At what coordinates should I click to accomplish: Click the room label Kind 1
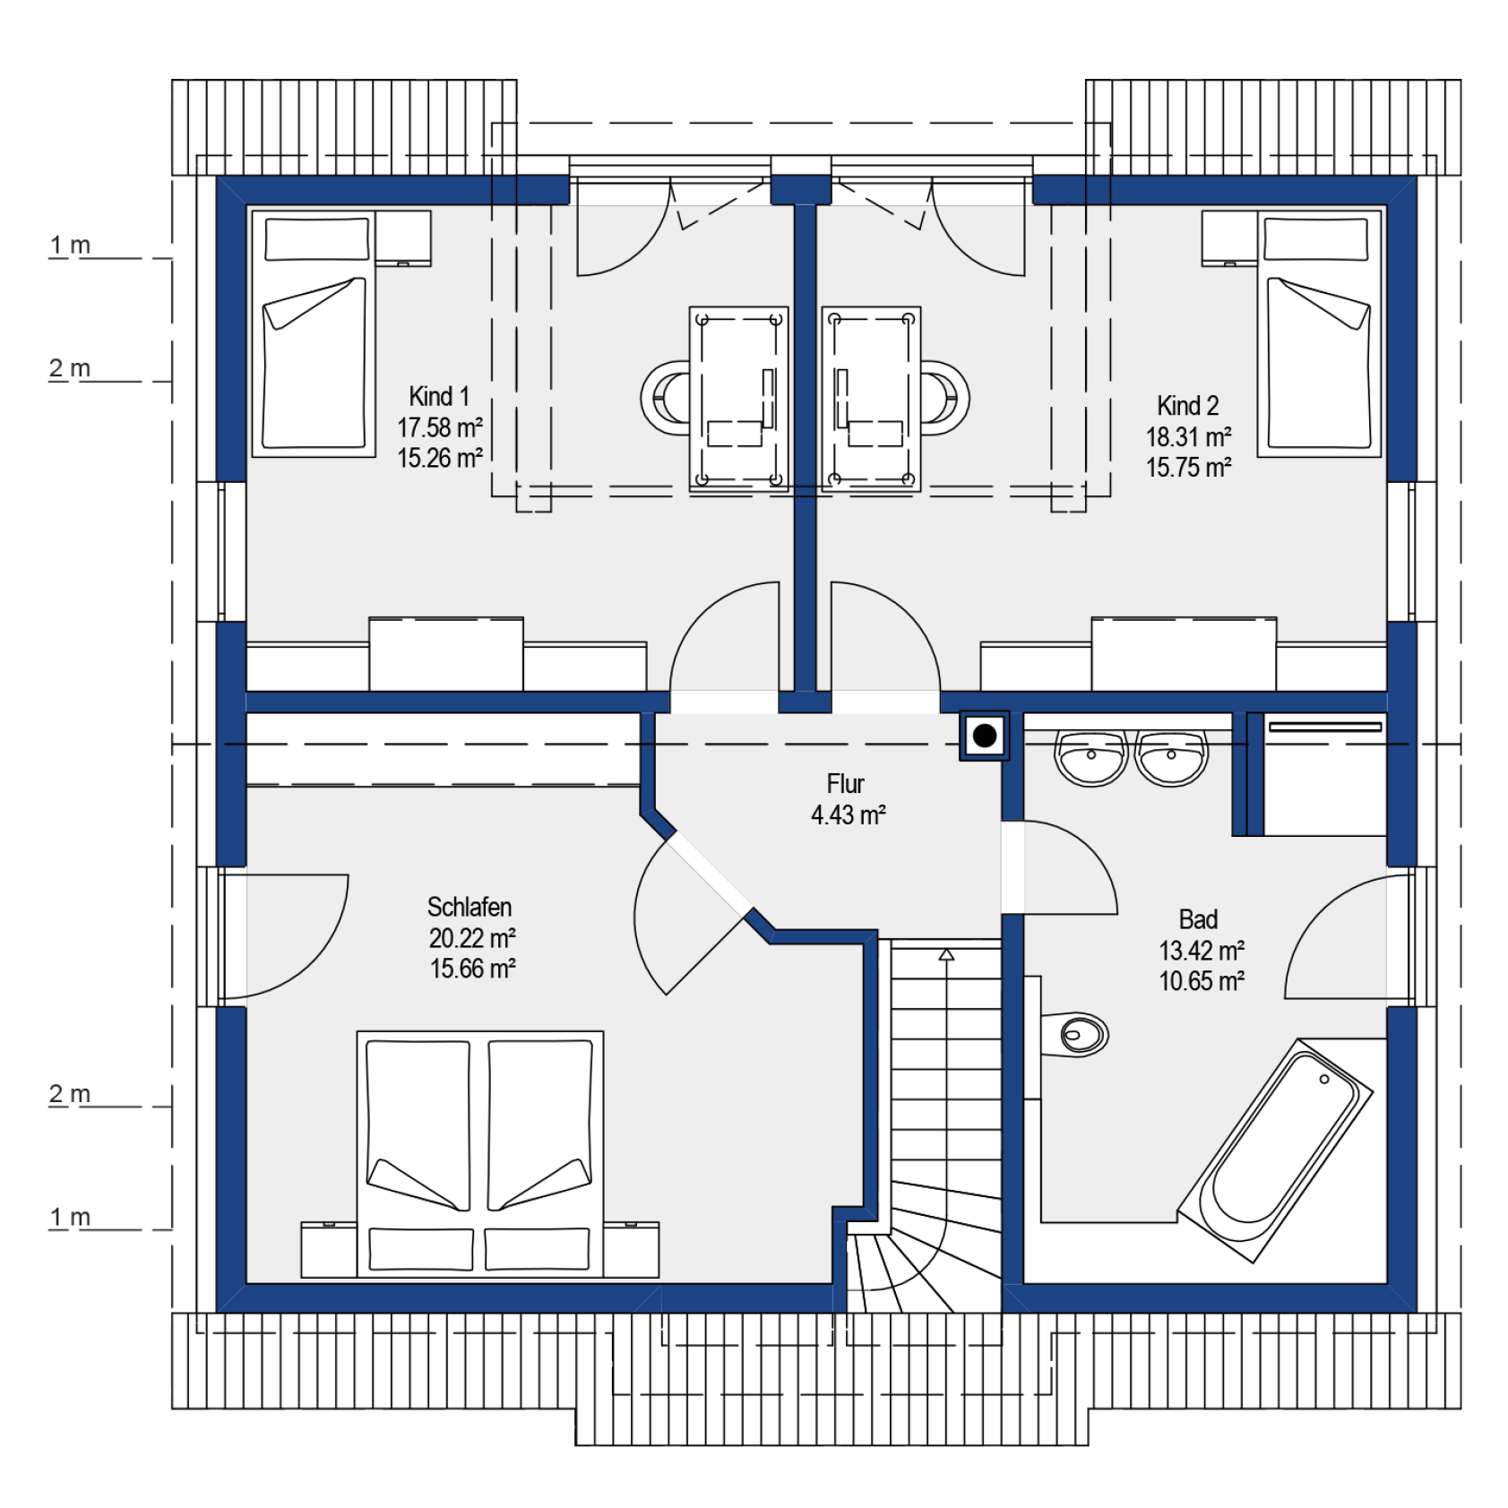coord(439,396)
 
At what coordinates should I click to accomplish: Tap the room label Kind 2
coord(1188,406)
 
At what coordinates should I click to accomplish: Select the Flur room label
coord(845,784)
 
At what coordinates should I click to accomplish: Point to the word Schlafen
coord(470,907)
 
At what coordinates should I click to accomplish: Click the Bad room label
coord(1198,919)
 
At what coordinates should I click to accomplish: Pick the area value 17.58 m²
coord(440,427)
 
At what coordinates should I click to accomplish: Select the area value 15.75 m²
coord(1188,468)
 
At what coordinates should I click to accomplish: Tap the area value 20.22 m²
coord(472,938)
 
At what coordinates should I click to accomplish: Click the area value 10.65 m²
coord(1202,981)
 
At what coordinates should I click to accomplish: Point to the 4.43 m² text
coord(849,815)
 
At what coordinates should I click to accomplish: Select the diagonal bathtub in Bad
coord(1275,1150)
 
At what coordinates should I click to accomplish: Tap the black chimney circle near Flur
coord(985,736)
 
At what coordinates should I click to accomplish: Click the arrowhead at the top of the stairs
coord(946,955)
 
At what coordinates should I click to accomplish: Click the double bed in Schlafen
coord(480,1154)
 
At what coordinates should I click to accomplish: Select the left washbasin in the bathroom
coord(1091,758)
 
